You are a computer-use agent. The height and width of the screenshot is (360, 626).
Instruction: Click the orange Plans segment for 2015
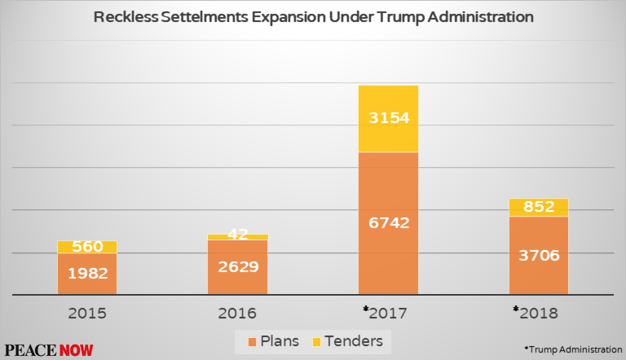click(87, 274)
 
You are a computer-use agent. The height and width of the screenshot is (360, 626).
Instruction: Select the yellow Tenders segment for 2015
click(87, 247)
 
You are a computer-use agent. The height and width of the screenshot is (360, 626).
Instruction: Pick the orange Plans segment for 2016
click(237, 267)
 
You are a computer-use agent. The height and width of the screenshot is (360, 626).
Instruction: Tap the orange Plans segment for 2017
click(388, 222)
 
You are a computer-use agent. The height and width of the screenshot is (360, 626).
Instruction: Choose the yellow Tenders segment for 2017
click(388, 119)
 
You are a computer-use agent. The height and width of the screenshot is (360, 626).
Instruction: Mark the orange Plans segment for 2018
click(539, 255)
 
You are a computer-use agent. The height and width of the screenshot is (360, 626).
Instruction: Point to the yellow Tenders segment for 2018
click(539, 208)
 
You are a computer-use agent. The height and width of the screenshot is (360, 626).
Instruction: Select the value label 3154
click(388, 118)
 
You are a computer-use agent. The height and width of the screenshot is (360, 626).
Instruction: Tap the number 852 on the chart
click(539, 207)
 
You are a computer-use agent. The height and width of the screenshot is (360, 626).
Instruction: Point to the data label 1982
click(87, 274)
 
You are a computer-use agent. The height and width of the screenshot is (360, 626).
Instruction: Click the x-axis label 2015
click(87, 313)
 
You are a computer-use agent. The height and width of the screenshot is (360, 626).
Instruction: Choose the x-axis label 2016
click(237, 313)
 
